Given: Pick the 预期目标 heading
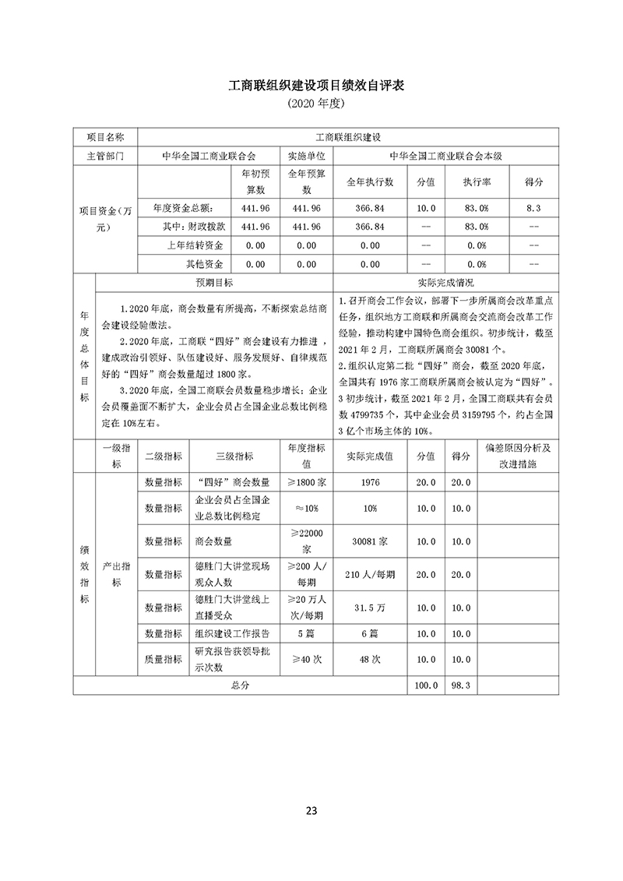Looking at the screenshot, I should click(x=214, y=282).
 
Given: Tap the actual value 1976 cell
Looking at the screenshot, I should click(x=370, y=482).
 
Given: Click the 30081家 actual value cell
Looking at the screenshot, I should click(x=370, y=539).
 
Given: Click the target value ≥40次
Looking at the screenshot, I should click(x=306, y=659).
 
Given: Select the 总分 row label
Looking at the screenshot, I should click(x=239, y=685).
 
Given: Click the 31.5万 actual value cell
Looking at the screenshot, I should click(x=370, y=606).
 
